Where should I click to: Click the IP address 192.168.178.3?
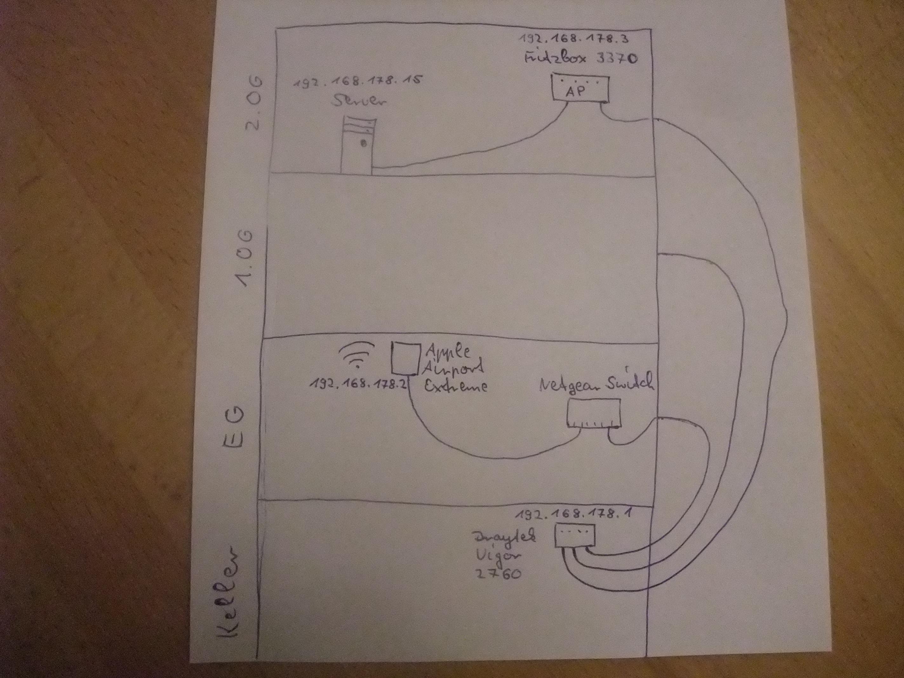[574, 40]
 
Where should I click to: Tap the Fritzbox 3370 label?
[580, 58]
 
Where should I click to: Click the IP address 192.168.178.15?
[357, 82]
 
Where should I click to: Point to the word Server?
[359, 101]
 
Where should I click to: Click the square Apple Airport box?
[406, 358]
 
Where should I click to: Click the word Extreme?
[455, 386]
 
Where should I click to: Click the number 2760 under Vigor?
[498, 574]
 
